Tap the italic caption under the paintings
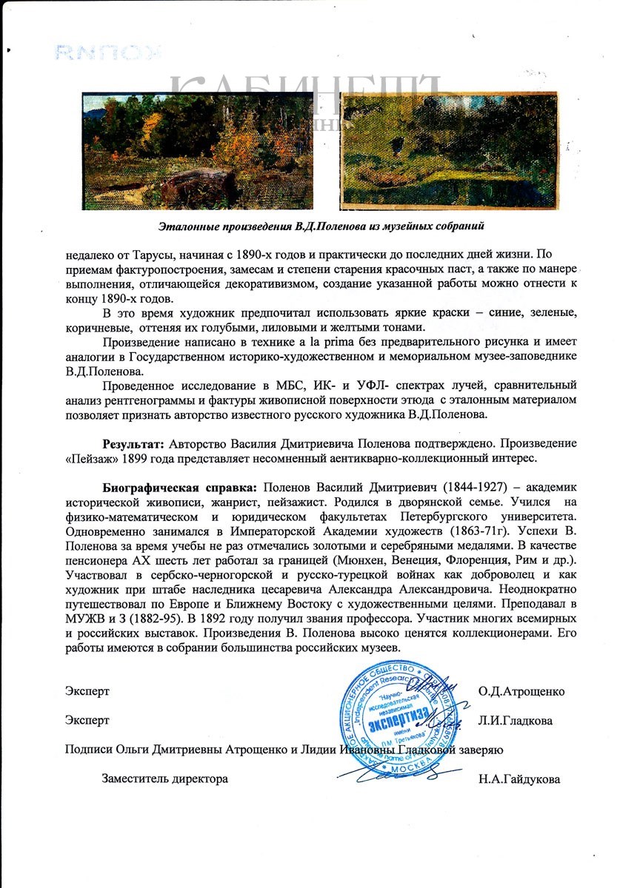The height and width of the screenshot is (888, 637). (x=326, y=224)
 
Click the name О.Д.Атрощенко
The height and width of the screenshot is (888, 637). (x=521, y=691)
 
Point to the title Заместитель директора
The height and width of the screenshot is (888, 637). (x=165, y=778)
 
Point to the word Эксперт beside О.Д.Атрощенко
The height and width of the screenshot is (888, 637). (x=87, y=691)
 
